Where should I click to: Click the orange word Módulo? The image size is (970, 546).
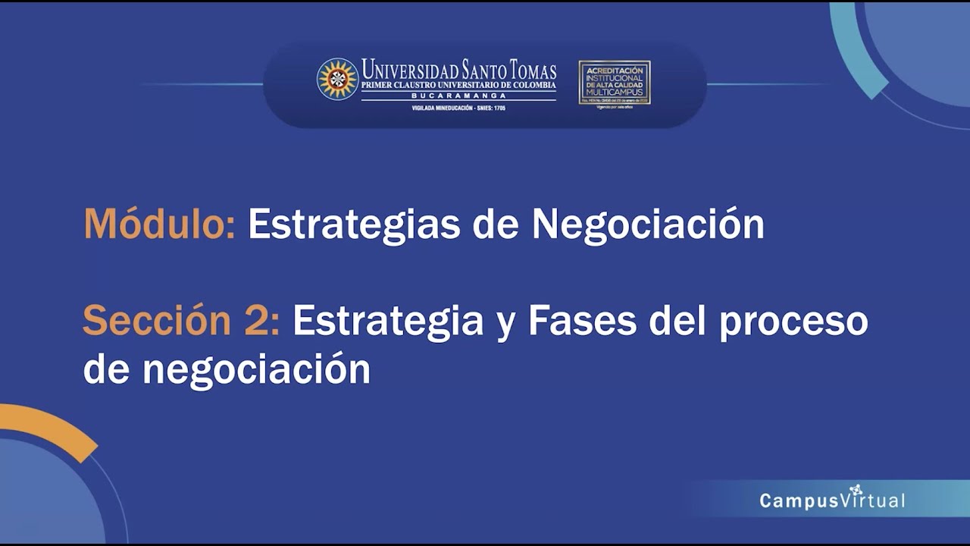click(159, 224)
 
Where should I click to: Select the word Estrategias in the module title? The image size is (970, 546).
click(354, 225)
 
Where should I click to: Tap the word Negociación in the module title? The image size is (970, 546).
click(648, 224)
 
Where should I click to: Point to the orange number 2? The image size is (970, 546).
click(262, 321)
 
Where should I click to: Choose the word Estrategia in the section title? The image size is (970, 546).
click(388, 322)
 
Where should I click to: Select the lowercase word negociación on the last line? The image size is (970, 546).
click(256, 370)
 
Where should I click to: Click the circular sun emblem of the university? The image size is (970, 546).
click(337, 79)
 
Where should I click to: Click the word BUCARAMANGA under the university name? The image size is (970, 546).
click(458, 96)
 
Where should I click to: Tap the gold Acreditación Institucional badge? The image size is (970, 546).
click(615, 82)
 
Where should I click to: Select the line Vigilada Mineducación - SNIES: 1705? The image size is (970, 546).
click(458, 108)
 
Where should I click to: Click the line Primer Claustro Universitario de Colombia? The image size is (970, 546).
click(458, 86)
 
